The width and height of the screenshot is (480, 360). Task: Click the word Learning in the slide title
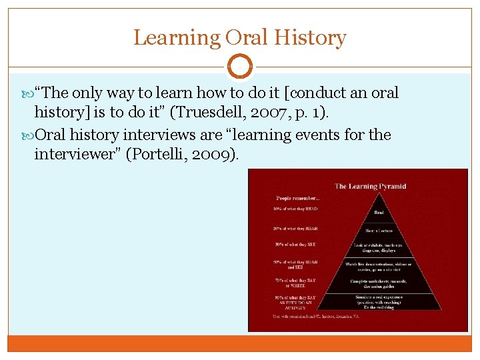(x=177, y=37)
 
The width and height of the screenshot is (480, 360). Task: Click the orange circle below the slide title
(x=240, y=67)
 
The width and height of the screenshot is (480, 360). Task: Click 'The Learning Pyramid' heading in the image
(x=370, y=186)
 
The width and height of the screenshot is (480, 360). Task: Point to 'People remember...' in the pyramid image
(x=298, y=198)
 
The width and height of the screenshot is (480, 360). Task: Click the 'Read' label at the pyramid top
(x=378, y=213)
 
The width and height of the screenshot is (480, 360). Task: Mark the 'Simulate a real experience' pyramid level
(x=379, y=301)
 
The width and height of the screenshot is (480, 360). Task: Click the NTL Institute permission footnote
(x=317, y=316)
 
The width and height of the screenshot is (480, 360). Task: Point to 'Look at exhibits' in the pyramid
(x=379, y=248)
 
